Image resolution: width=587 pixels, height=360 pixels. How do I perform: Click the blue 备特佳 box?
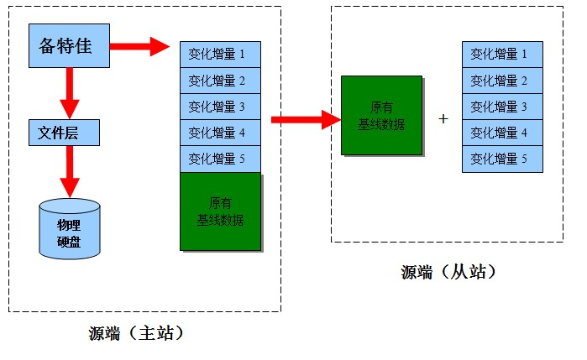(x=70, y=46)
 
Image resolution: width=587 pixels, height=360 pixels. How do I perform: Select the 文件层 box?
(x=64, y=132)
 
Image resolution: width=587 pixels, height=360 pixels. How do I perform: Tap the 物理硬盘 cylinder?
(x=70, y=228)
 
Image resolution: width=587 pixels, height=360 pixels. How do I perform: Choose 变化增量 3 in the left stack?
(x=220, y=107)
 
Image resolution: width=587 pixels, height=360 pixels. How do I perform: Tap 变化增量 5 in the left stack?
(x=220, y=158)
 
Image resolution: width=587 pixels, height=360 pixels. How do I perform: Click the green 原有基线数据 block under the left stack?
(x=220, y=211)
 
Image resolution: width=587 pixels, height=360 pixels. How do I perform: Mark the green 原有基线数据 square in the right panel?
(x=381, y=115)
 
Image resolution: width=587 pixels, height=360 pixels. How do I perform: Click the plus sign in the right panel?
(x=443, y=119)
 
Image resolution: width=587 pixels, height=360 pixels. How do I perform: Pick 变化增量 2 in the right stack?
(x=502, y=81)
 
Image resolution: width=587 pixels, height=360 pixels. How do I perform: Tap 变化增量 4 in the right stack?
(x=502, y=132)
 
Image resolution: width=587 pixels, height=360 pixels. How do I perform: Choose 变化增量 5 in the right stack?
(x=502, y=158)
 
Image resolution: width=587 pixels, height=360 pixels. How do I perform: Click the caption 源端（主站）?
(x=136, y=333)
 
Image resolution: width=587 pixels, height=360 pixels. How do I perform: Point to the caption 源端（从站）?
(x=448, y=272)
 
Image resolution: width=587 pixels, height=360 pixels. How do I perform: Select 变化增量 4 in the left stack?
(x=220, y=132)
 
